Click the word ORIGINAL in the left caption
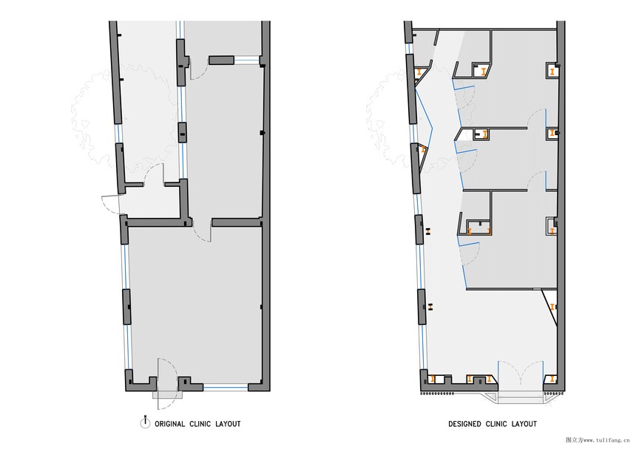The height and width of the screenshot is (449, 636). (170, 424)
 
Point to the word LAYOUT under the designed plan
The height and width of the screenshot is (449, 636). (524, 424)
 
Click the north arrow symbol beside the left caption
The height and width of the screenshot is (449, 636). (145, 422)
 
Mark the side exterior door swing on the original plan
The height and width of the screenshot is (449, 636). (112, 205)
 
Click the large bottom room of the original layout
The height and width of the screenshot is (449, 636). (195, 304)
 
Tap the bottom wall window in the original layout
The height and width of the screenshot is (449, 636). (226, 388)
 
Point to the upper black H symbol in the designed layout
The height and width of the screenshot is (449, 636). (428, 231)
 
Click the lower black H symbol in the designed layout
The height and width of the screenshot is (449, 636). (430, 306)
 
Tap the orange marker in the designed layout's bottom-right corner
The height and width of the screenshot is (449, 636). (552, 379)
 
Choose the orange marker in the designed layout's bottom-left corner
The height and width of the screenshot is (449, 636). (433, 380)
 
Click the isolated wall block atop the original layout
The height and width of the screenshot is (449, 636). (221, 61)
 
